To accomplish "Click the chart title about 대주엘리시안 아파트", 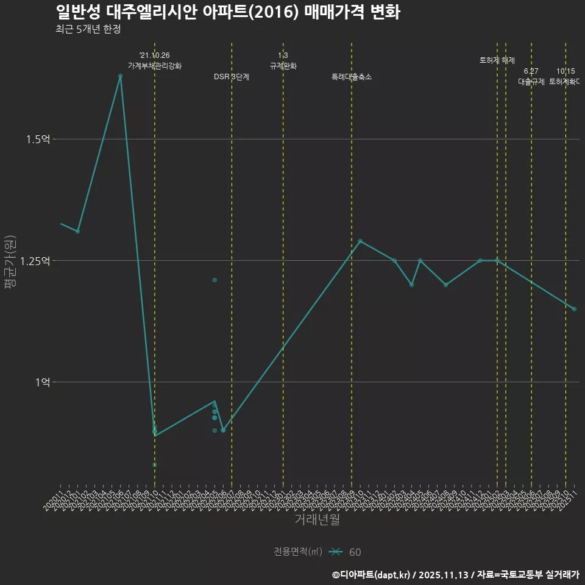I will pos(227,12).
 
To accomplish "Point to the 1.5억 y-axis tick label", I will pos(38,140).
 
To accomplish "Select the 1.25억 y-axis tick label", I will pos(35,261).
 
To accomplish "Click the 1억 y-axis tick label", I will pos(42,382).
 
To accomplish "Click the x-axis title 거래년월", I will pos(317,520).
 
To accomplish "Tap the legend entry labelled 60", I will pos(355,552).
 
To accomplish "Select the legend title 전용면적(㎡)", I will pos(297,551).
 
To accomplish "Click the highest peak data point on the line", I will pos(120,76).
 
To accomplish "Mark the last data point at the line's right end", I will pos(574,309).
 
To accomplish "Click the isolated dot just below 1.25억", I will pos(214,280).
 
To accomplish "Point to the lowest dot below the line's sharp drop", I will pos(155,465).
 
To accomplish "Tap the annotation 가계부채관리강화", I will pos(155,66).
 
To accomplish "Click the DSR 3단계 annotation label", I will pos(232,77).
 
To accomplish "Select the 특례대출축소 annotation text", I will pos(352,77).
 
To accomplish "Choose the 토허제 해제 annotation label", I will pos(497,60).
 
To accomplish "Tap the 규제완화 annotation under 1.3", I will pos(283,66).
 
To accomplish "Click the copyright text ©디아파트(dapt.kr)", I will pos(372,575).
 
